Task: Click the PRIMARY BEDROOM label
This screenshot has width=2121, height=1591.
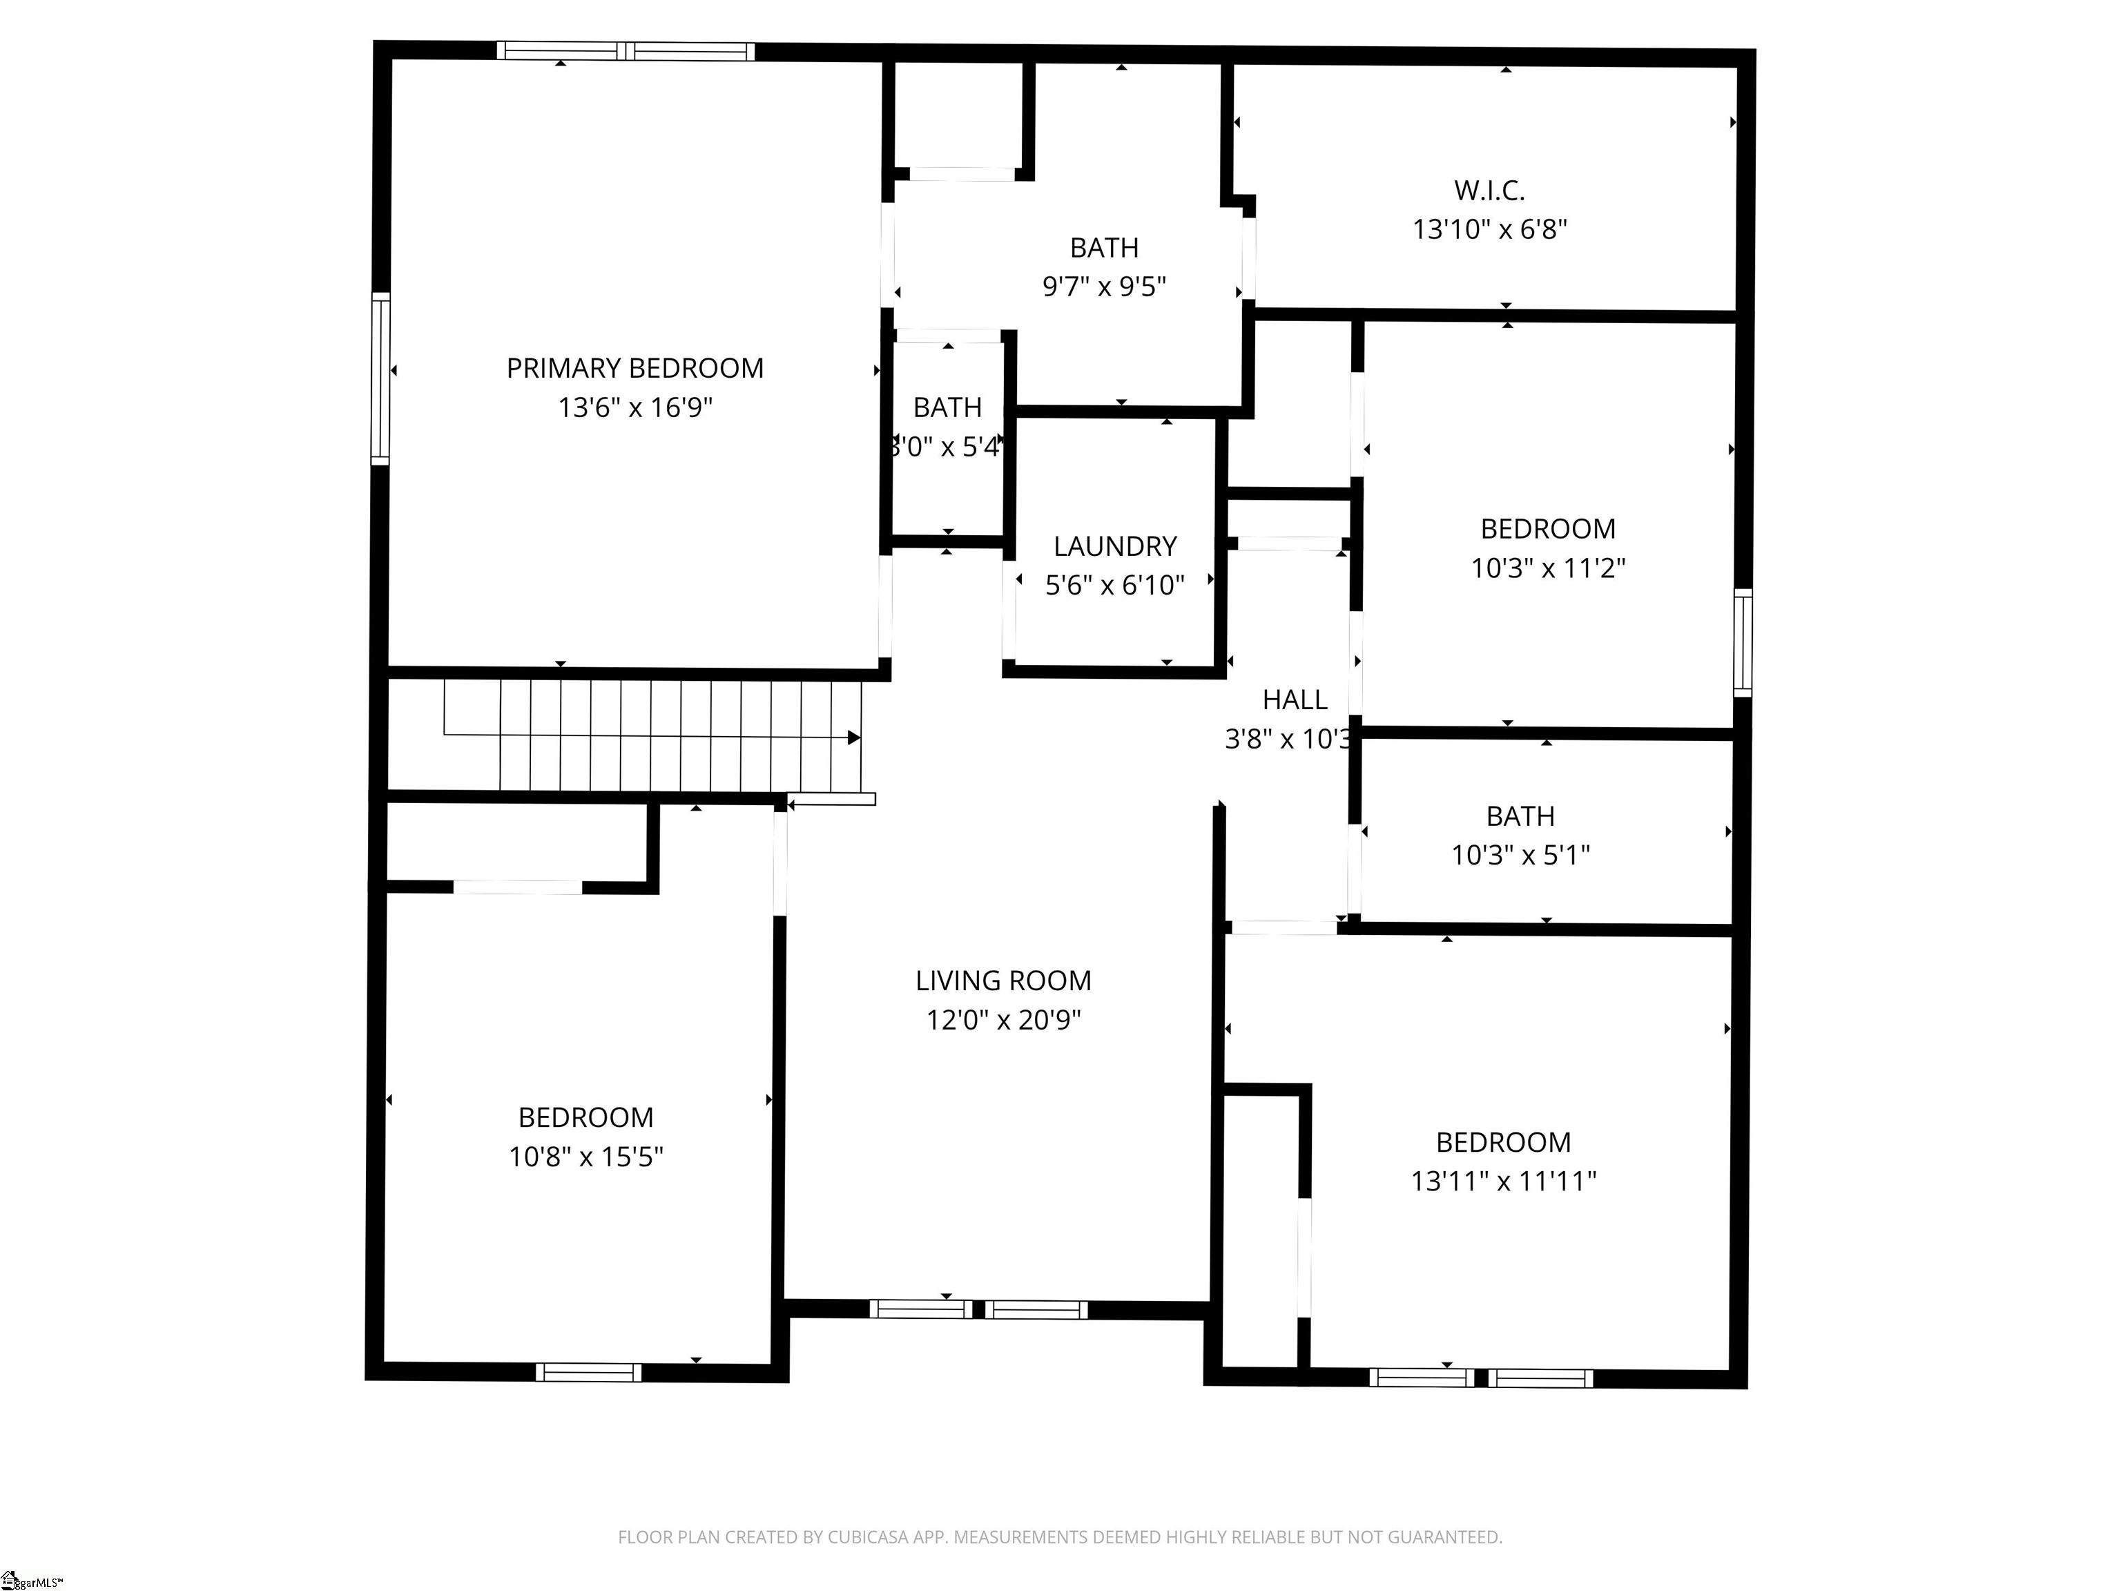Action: (635, 368)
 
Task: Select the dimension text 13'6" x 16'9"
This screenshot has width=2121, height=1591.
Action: (635, 407)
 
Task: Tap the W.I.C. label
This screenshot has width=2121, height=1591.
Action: (1489, 191)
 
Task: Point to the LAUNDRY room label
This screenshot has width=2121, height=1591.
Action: (1114, 547)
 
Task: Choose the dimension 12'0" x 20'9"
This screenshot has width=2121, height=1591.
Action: (1003, 1019)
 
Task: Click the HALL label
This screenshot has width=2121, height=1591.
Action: (1295, 700)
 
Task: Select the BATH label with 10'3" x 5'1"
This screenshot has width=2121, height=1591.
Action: (1520, 816)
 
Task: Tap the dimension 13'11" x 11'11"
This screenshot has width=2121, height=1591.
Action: (1502, 1181)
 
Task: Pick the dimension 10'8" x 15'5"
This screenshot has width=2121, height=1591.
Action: (586, 1157)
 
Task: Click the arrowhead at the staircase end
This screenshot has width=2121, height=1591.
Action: (853, 737)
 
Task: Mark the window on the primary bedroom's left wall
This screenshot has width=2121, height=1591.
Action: (380, 379)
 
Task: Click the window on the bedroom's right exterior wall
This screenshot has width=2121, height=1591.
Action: (1742, 642)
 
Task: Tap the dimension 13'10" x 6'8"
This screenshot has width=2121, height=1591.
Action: (1489, 230)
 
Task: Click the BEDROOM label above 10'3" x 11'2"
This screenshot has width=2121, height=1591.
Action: (1548, 530)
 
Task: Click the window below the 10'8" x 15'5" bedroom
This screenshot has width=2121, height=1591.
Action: (588, 1372)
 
